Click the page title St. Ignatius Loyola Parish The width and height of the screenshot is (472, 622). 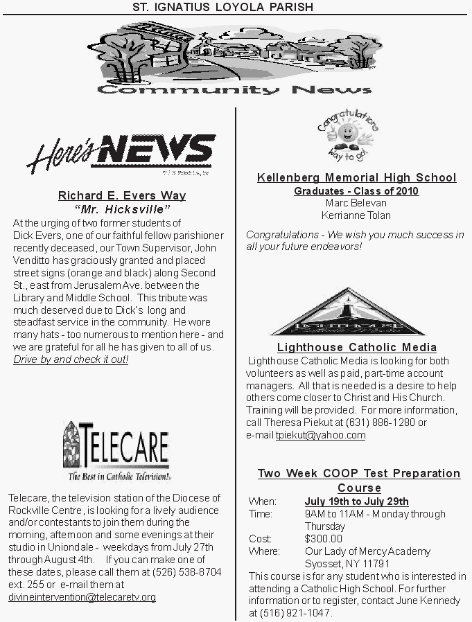(223, 7)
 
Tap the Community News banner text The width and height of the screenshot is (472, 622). (234, 90)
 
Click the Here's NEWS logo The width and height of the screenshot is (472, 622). (120, 152)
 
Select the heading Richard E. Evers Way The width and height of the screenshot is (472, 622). (122, 196)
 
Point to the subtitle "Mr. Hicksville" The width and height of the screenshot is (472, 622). (122, 209)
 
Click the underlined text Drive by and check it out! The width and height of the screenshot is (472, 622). (71, 360)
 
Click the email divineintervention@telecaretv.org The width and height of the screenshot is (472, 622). (82, 597)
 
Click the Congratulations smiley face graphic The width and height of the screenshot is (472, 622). (348, 135)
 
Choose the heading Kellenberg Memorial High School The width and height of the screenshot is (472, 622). (356, 178)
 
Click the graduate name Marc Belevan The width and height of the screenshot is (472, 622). (356, 204)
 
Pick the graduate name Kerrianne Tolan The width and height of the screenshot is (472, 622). (356, 215)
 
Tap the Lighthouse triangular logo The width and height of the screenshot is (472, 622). (347, 311)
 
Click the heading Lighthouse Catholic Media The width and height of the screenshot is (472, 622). (356, 348)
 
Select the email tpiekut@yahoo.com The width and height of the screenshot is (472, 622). (320, 436)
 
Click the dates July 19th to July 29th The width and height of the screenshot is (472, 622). (356, 501)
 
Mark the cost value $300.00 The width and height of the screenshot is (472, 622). (323, 539)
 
